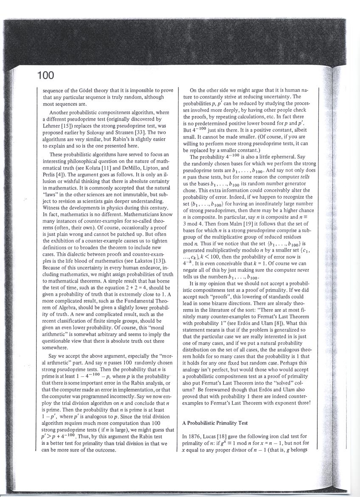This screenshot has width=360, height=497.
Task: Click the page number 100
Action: pos(45,76)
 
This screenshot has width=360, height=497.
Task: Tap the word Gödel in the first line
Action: pos(89,90)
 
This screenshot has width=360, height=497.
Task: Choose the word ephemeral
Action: pos(280,157)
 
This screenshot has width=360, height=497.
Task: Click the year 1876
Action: pos(194,437)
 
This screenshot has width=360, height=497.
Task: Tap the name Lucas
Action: pos(211,437)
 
